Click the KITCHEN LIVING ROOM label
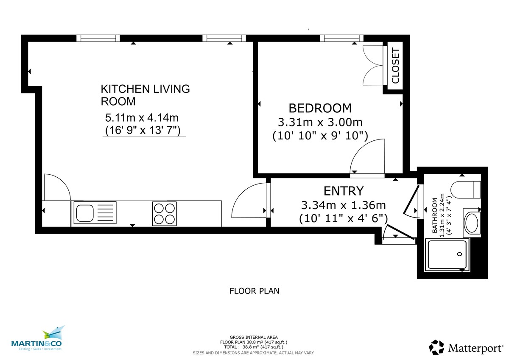(x=145, y=95)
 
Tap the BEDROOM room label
(x=320, y=108)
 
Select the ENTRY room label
(x=343, y=190)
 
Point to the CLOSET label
(x=395, y=66)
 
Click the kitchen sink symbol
(x=89, y=213)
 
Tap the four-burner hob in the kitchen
(x=164, y=213)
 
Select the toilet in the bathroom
(x=465, y=189)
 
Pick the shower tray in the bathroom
(x=447, y=254)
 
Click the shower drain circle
(x=459, y=254)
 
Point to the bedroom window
(x=341, y=38)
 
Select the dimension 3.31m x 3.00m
(x=320, y=123)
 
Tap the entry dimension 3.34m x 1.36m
(x=343, y=206)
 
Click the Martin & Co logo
(x=36, y=339)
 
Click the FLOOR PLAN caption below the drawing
(x=254, y=291)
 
